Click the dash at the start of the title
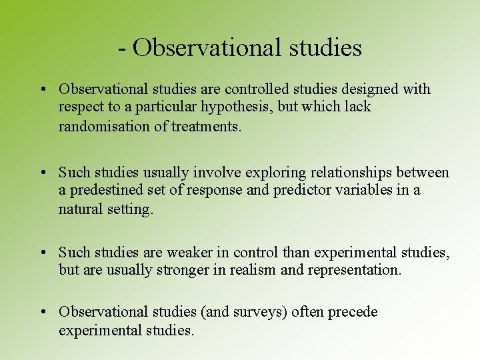tap(122, 48)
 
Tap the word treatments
tap(211, 127)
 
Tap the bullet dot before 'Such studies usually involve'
tap(42, 173)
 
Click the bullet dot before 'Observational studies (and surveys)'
tap(42, 312)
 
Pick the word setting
tap(129, 209)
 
